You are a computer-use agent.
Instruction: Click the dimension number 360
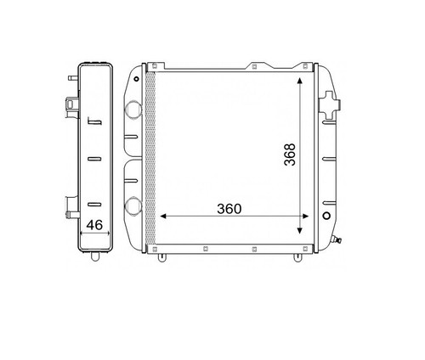[x=229, y=209]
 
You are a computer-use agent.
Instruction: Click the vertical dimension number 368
[x=290, y=155]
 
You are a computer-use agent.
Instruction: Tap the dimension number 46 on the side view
[x=94, y=225]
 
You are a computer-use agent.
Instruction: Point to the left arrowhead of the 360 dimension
[x=163, y=217]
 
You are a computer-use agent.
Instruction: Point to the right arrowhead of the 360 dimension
[x=305, y=217]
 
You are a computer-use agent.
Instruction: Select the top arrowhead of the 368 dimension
[x=299, y=80]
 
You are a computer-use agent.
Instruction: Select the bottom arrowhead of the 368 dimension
[x=299, y=231]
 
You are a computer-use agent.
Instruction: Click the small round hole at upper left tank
[x=137, y=79]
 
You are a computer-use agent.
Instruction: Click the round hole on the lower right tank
[x=326, y=216]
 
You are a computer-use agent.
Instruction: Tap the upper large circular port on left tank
[x=133, y=110]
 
